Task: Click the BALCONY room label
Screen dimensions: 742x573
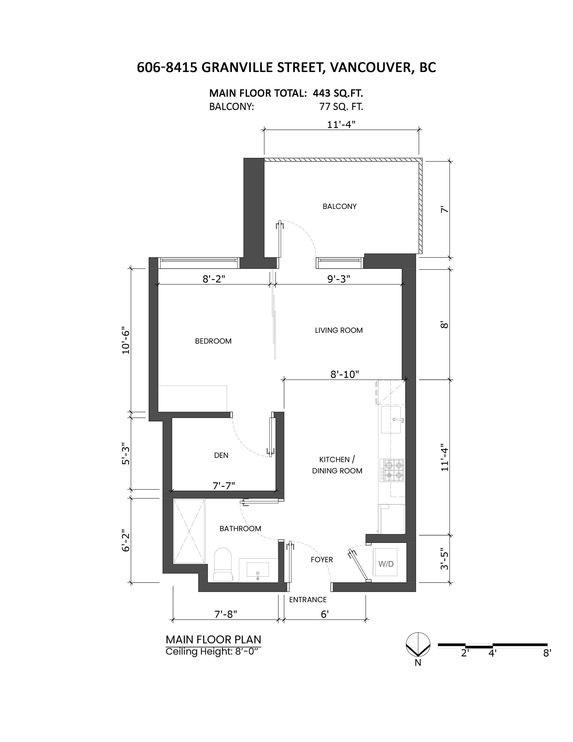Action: tap(339, 206)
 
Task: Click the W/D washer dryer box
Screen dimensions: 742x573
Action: tap(386, 564)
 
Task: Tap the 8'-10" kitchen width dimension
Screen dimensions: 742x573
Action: tap(344, 375)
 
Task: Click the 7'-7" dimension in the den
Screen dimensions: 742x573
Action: tap(224, 486)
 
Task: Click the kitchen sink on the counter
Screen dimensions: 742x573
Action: tap(392, 420)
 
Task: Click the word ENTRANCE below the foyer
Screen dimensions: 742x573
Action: tap(308, 600)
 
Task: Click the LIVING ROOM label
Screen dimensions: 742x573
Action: tap(339, 330)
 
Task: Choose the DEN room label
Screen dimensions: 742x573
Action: tap(221, 455)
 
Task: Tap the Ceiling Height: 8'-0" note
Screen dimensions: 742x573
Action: tap(214, 652)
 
